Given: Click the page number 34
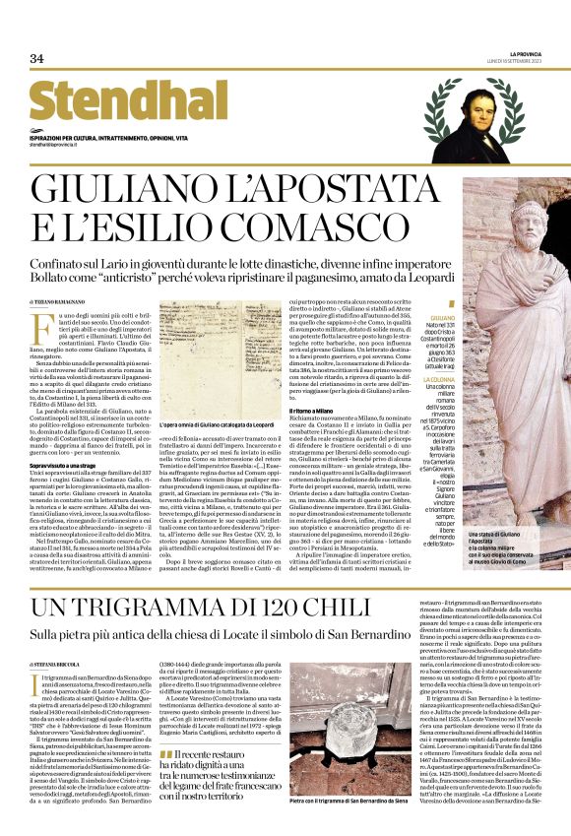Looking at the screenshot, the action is point(36,59).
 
